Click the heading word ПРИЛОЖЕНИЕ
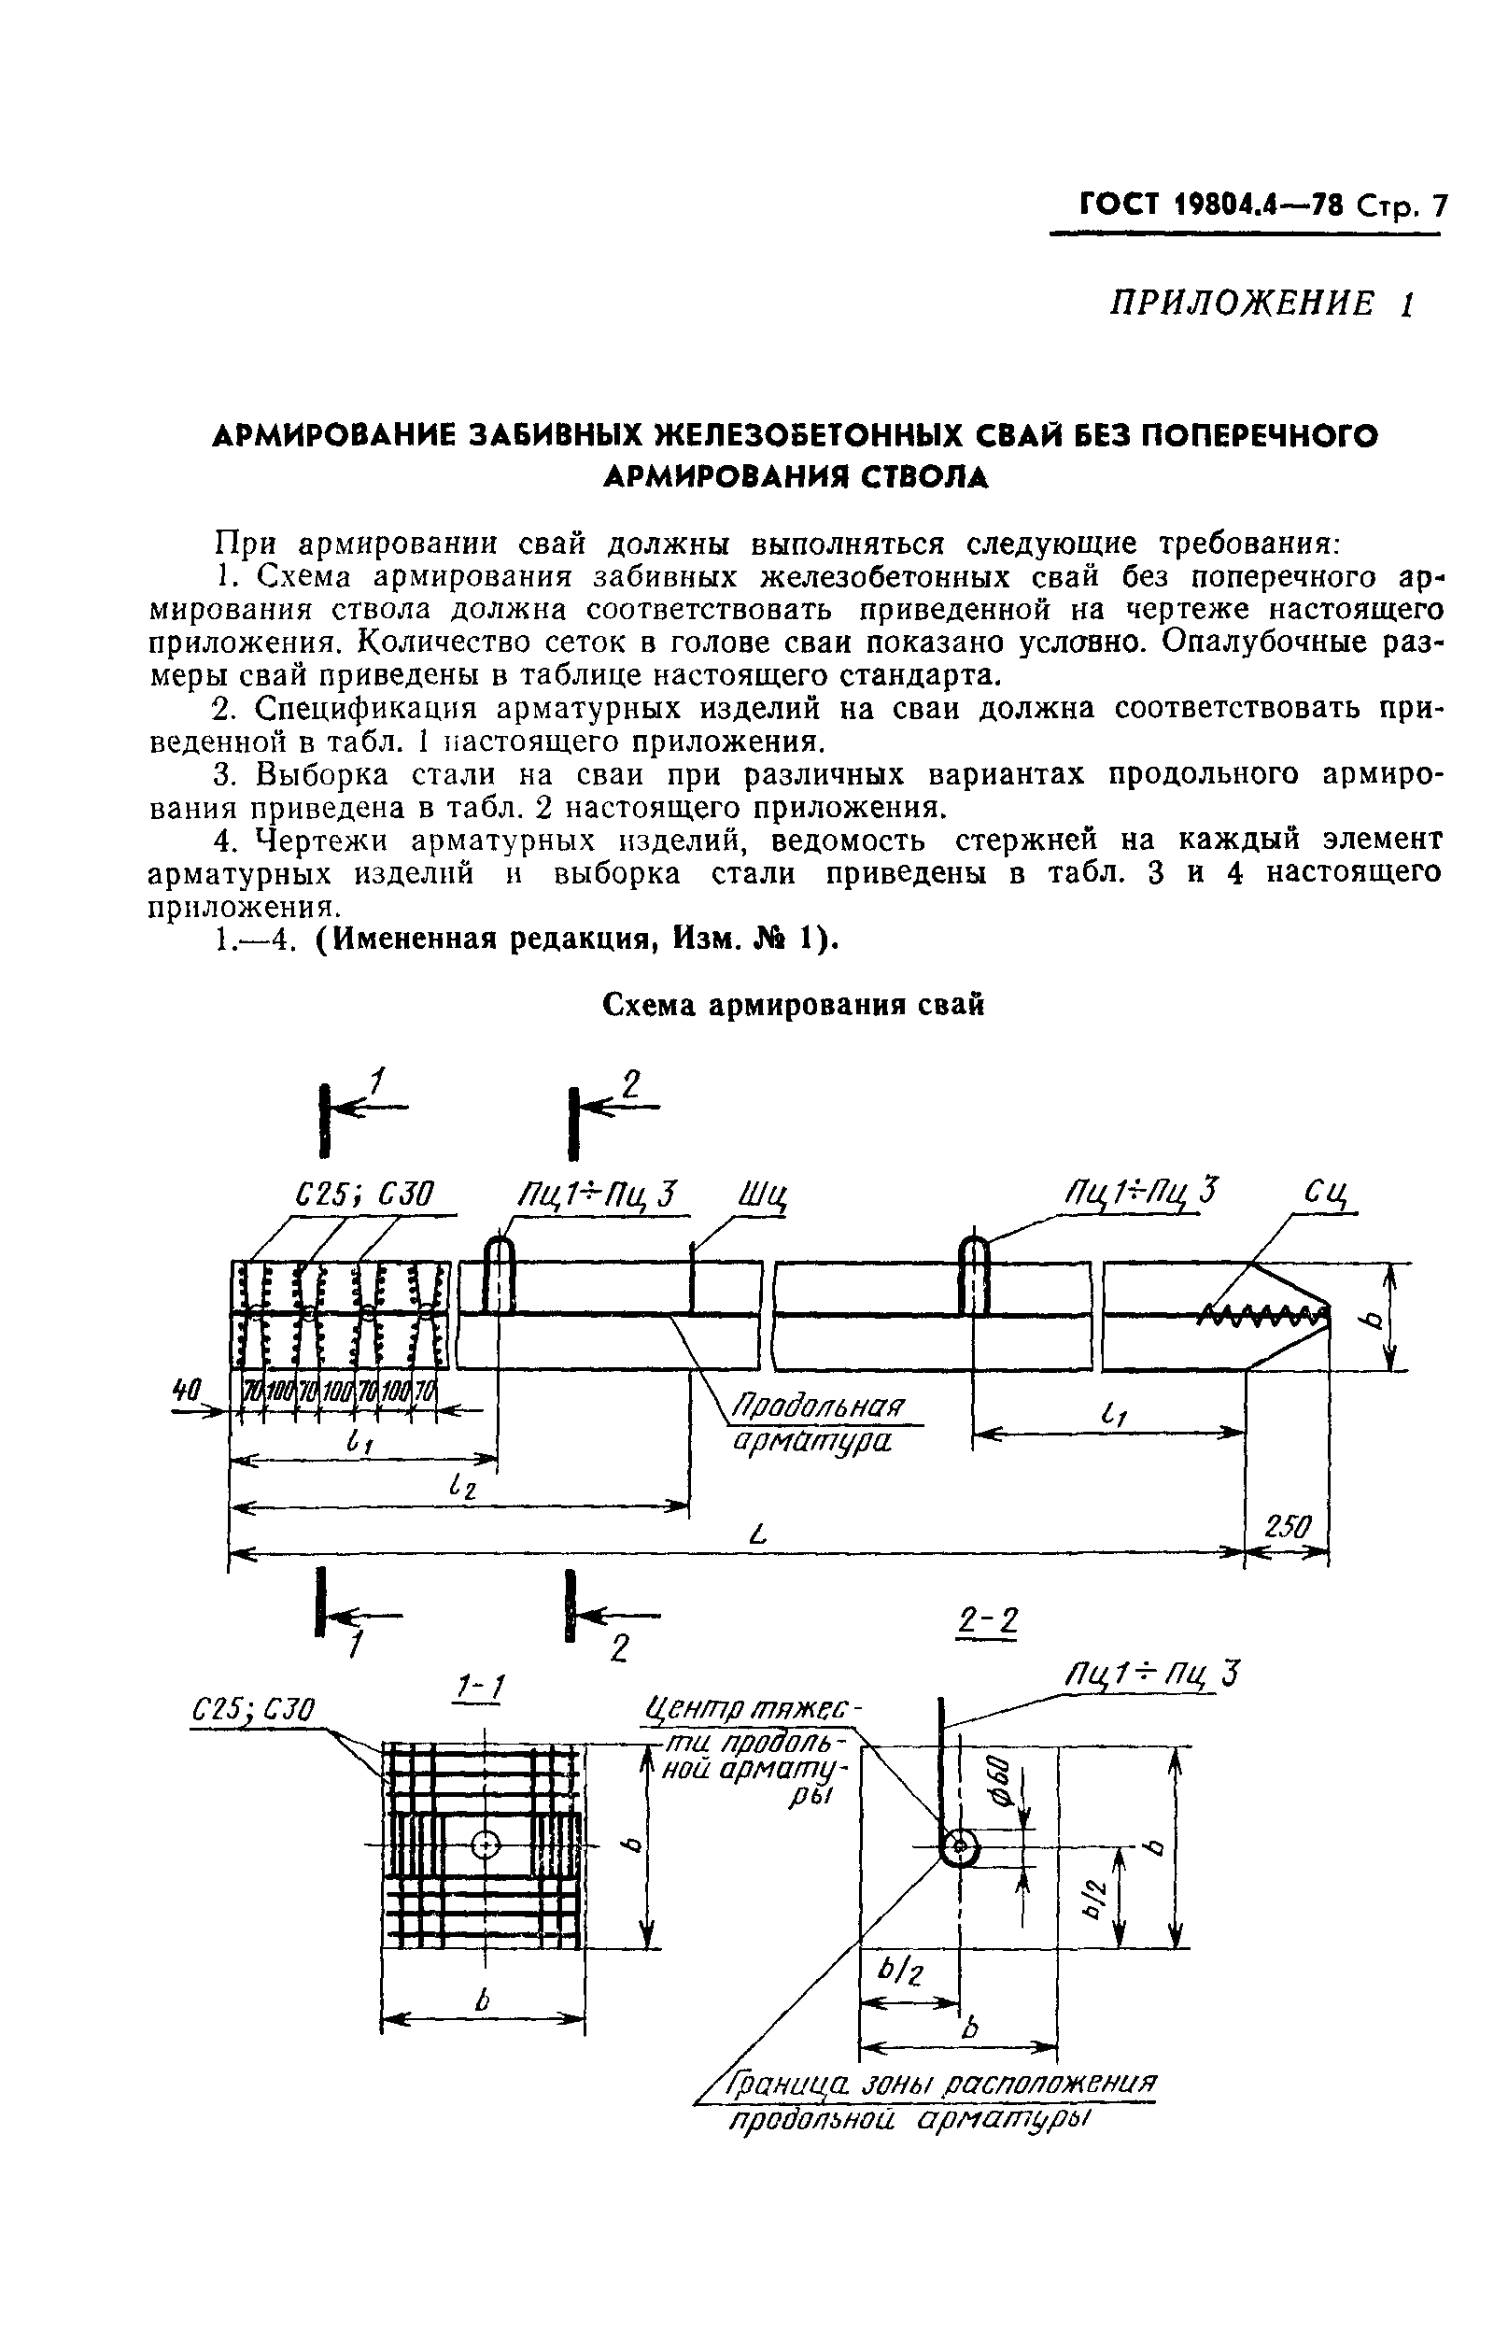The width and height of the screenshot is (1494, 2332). pos(1243,304)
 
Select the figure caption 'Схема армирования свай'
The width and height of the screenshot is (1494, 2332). pos(793,1005)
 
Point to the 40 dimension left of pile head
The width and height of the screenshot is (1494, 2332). pos(185,1390)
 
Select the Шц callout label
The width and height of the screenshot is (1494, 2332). pos(762,1195)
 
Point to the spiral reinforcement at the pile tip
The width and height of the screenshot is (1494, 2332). pos(1261,1315)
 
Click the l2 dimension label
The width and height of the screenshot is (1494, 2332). pos(463,1483)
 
